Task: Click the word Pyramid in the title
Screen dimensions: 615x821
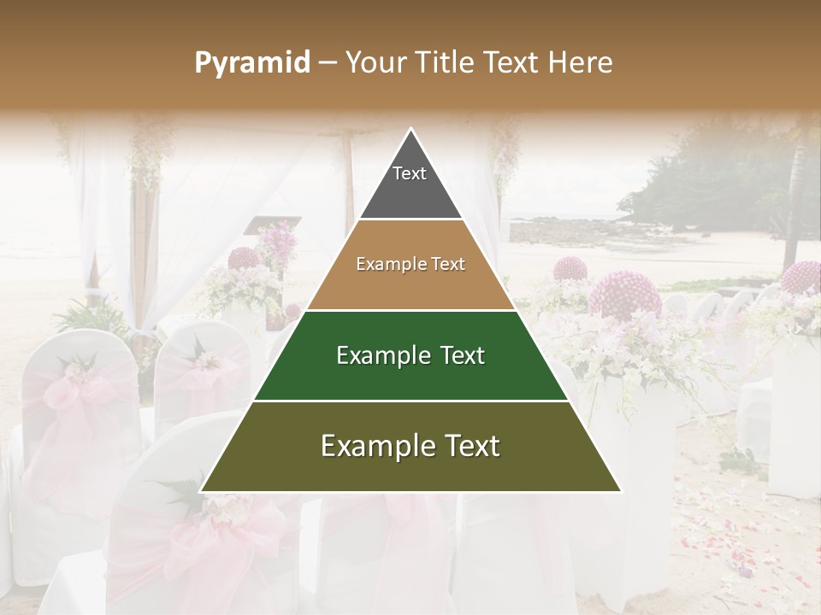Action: click(x=251, y=63)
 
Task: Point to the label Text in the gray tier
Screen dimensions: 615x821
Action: click(x=409, y=173)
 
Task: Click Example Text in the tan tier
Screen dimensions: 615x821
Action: click(x=410, y=264)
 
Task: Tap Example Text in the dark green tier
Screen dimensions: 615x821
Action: click(x=410, y=355)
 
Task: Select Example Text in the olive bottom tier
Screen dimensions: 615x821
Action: click(x=410, y=446)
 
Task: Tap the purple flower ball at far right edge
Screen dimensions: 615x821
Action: click(x=802, y=278)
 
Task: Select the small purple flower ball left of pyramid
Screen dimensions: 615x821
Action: click(x=245, y=259)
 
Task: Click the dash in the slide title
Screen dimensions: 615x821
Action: click(x=327, y=63)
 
